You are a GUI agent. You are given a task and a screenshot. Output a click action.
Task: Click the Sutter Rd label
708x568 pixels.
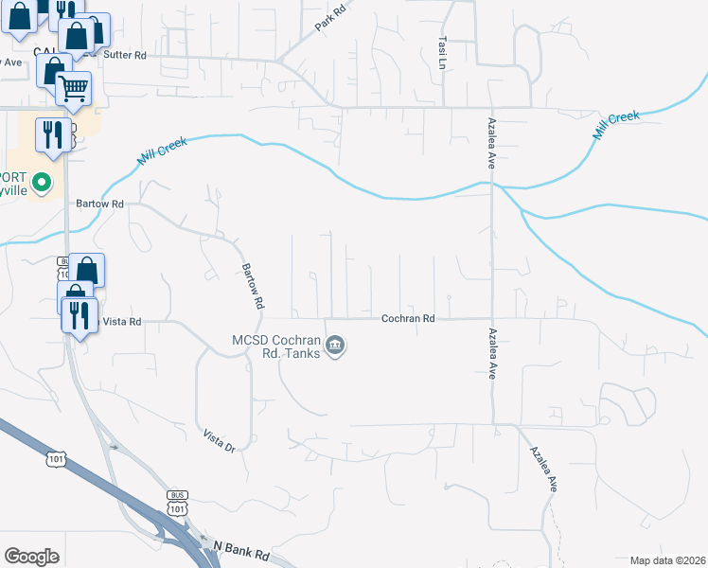126,56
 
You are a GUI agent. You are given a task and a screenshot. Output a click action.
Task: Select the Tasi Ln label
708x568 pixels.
442,53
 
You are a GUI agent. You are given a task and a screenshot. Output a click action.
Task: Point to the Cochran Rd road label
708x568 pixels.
408,319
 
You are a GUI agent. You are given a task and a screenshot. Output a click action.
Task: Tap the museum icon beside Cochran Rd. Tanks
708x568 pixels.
335,348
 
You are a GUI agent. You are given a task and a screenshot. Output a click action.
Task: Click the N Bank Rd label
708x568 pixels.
242,548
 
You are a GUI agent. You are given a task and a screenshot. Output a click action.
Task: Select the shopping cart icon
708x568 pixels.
74,89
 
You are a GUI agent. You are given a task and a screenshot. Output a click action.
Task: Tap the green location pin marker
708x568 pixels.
41,181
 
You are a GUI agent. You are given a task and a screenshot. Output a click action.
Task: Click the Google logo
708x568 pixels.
31,557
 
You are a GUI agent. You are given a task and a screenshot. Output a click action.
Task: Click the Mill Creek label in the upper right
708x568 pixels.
616,126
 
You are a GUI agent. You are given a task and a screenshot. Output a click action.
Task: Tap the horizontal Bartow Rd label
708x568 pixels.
100,204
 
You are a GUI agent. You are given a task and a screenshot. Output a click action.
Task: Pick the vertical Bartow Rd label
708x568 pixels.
252,287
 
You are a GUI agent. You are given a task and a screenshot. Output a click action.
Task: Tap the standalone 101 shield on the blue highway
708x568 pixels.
57,459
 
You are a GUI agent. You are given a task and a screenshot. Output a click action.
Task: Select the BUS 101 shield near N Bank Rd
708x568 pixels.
177,503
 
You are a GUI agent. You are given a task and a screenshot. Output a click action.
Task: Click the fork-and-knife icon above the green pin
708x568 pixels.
52,134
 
